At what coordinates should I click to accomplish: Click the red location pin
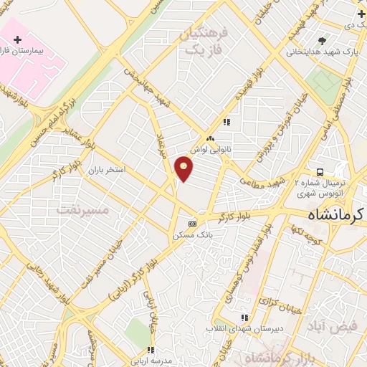184,169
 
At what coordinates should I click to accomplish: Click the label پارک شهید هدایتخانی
322,52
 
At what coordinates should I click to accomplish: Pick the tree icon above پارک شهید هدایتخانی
323,40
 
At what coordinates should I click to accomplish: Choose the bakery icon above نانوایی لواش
210,139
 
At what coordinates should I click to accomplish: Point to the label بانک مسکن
190,234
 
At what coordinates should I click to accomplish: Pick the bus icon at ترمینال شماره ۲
320,172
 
